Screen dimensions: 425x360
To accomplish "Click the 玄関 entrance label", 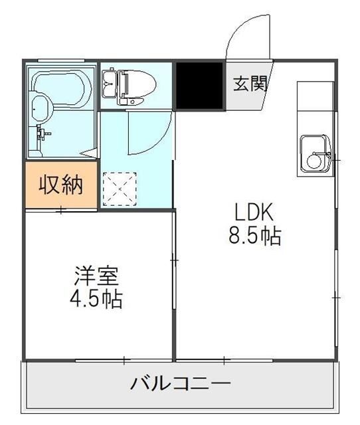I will click(x=250, y=84).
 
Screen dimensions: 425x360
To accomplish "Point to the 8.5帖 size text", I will click(x=255, y=236).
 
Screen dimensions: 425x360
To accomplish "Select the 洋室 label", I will click(x=96, y=274).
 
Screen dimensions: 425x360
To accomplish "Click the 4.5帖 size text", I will click(x=96, y=299).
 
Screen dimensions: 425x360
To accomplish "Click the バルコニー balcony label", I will click(x=180, y=384).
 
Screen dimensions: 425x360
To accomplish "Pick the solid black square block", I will click(x=200, y=86).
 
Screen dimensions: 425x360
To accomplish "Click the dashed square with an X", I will click(x=120, y=189).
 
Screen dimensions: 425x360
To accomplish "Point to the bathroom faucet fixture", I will click(x=44, y=133).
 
